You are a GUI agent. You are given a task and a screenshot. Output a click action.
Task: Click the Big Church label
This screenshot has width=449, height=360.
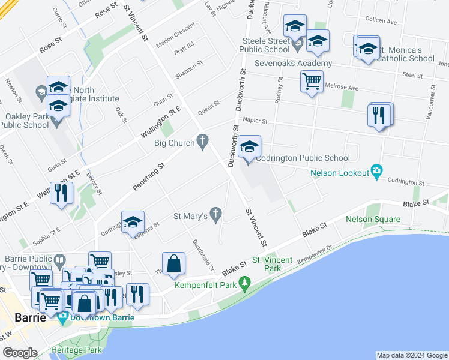click(175, 143)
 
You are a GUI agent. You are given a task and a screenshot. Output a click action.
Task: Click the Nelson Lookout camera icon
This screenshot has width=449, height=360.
click(376, 170)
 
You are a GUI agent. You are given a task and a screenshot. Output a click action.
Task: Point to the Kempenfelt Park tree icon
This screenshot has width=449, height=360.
click(244, 282)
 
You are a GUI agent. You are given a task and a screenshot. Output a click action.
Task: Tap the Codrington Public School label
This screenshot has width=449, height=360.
click(303, 158)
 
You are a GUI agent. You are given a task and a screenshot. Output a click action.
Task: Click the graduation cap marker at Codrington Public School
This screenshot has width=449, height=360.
click(250, 146)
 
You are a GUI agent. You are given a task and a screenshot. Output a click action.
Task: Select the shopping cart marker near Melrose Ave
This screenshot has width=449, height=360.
click(312, 81)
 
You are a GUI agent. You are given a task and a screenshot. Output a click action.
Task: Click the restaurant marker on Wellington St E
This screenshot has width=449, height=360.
click(61, 193)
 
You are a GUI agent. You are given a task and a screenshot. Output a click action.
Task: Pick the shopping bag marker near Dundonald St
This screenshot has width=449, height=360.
click(173, 263)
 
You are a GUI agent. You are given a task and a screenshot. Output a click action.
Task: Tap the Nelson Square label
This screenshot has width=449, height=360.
click(368, 219)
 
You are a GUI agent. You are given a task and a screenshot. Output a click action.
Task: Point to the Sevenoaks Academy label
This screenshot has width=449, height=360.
click(294, 64)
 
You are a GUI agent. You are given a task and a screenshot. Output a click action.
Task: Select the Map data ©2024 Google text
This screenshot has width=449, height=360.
click(411, 355)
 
